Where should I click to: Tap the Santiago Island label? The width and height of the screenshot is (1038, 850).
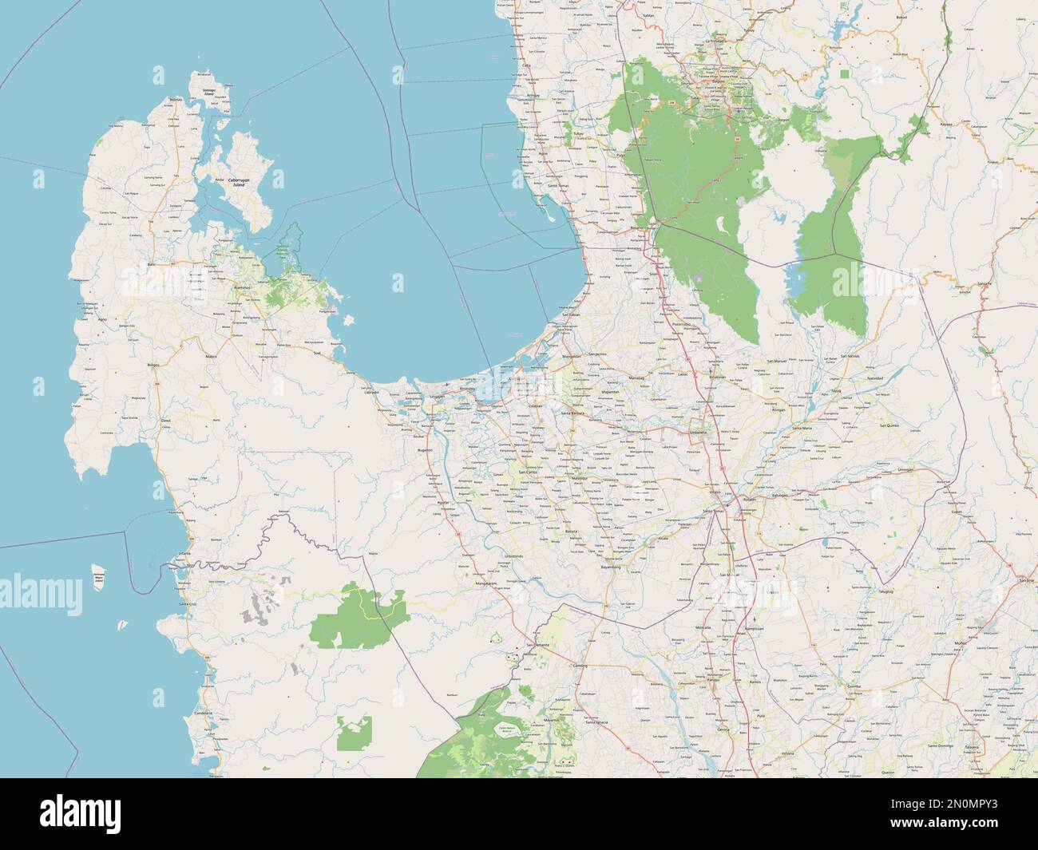pyautogui.click(x=209, y=81)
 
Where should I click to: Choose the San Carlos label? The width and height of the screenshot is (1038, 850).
pyautogui.click(x=528, y=472)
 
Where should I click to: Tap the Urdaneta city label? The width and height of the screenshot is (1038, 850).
pyautogui.click(x=698, y=432)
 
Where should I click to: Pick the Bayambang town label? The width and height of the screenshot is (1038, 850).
pyautogui.click(x=615, y=566)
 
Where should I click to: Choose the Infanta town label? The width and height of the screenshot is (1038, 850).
pyautogui.click(x=184, y=552)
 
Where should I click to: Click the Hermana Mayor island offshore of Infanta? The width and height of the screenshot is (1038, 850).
pyautogui.click(x=99, y=579)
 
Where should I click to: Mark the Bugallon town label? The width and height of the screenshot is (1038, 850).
pyautogui.click(x=423, y=450)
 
